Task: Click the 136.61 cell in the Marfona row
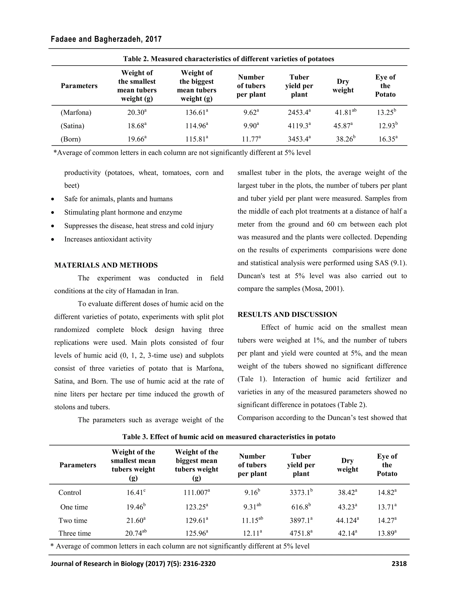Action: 196,113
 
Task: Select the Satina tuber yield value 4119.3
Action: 299,126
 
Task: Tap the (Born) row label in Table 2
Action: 70,139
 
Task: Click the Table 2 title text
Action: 229,59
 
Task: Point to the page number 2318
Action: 399,564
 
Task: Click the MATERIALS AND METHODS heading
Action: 106,265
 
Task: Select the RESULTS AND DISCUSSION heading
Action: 287,315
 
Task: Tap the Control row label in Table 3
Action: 70,493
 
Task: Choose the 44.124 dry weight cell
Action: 347,521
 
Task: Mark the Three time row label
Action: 75,533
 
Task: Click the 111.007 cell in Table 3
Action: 196,493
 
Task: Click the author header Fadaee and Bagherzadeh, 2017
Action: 106,39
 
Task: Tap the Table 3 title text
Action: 229,437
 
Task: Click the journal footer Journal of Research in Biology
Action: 133,564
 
